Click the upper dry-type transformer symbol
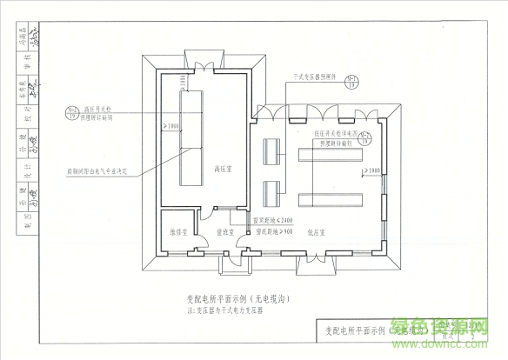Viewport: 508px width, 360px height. click(x=271, y=147)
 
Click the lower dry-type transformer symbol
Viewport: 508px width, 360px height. click(x=271, y=185)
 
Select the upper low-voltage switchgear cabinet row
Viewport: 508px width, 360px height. click(x=331, y=155)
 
